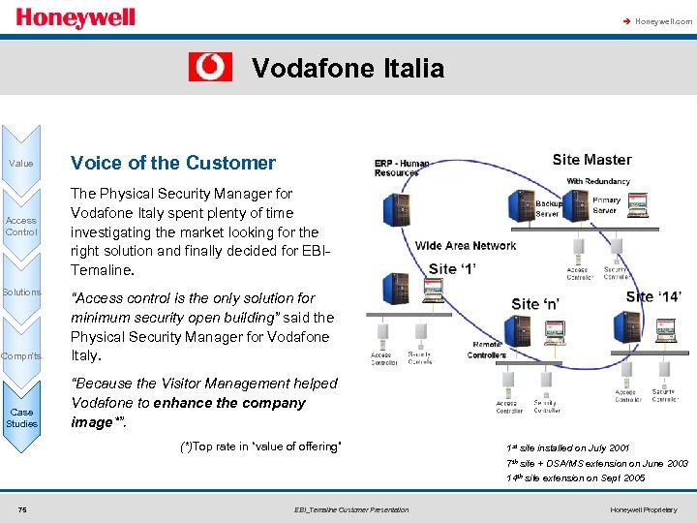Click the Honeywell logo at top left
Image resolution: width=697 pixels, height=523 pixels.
click(76, 18)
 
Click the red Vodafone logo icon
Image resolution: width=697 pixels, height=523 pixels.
click(210, 67)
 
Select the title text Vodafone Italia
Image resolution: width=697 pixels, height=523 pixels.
click(348, 68)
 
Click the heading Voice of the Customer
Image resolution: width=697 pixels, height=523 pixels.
click(173, 163)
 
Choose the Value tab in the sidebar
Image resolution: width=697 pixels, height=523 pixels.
click(21, 164)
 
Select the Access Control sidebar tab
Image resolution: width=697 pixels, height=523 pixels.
click(21, 226)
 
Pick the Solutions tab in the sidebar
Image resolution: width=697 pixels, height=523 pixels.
click(21, 292)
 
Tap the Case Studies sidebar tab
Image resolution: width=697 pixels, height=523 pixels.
click(21, 417)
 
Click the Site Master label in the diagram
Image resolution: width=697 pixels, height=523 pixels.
click(591, 160)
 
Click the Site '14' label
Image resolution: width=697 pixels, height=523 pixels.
click(653, 296)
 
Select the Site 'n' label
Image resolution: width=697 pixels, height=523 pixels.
click(535, 304)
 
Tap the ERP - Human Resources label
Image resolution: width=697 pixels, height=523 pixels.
click(402, 168)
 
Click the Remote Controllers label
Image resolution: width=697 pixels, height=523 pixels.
click(487, 350)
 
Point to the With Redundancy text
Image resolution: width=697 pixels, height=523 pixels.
click(597, 181)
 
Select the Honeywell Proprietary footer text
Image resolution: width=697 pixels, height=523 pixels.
click(644, 509)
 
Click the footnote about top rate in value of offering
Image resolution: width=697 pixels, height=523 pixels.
click(260, 446)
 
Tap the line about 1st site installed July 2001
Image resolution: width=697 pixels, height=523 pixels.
click(568, 448)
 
